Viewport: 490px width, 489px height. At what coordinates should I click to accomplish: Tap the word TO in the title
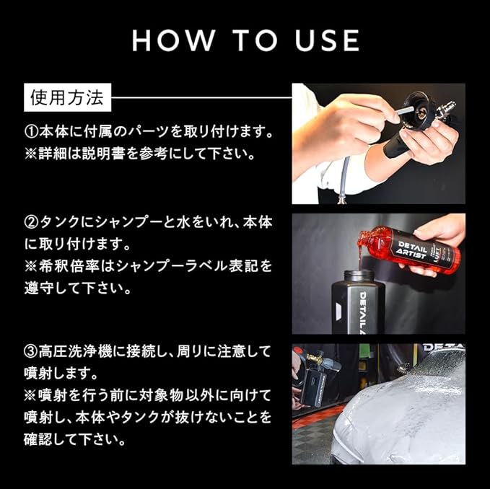[x=254, y=40]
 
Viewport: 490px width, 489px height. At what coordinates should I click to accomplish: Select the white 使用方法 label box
[x=68, y=97]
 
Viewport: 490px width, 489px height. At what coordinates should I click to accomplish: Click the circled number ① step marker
[x=31, y=132]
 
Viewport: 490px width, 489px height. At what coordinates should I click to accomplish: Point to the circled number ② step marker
[x=31, y=222]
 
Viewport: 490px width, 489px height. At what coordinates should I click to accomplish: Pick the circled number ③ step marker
[x=31, y=352]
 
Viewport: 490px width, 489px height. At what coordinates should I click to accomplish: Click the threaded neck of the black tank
[x=359, y=276]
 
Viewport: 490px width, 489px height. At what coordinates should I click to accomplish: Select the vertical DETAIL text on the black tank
[x=364, y=312]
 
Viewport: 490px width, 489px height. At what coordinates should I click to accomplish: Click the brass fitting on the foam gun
[x=314, y=359]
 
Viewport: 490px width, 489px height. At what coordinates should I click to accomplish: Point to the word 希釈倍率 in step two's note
[x=69, y=266]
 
